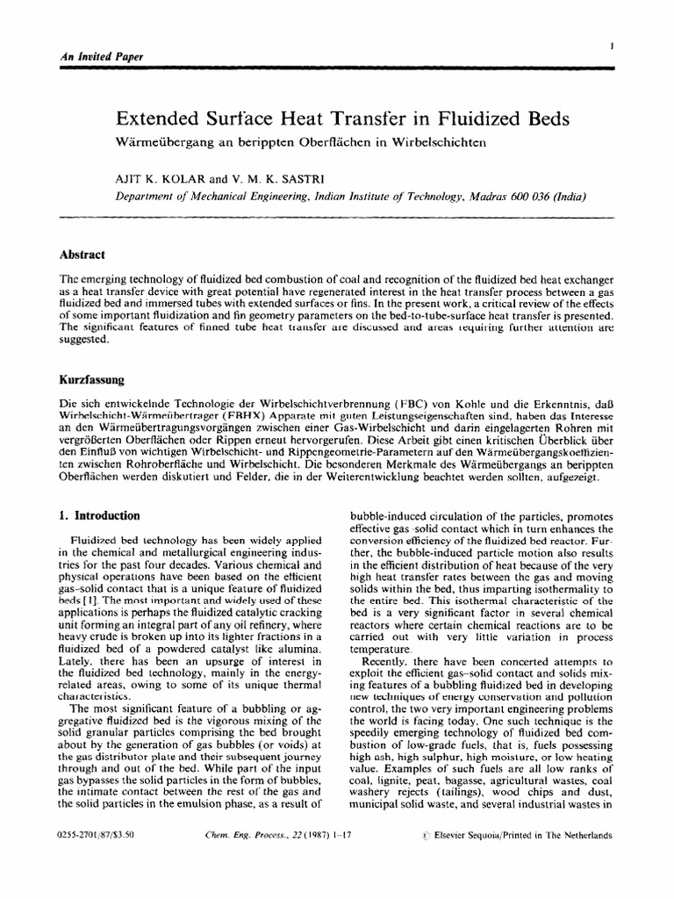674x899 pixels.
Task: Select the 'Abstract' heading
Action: (82, 254)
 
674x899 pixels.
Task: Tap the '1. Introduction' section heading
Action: (103, 516)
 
